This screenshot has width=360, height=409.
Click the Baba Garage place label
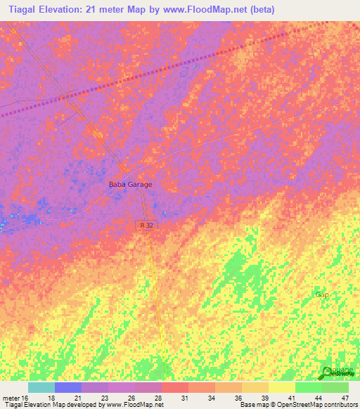tap(130, 184)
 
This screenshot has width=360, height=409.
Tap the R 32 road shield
tap(144, 223)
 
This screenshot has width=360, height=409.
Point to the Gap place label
tap(322, 294)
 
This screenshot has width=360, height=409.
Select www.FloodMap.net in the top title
tap(211, 10)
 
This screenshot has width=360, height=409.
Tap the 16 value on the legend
tap(25, 398)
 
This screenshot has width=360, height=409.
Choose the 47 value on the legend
tap(345, 398)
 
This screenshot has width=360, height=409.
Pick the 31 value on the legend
tap(185, 398)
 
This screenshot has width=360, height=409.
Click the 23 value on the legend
tap(105, 398)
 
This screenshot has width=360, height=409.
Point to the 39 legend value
tap(265, 398)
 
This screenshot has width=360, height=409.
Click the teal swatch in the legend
tap(41, 387)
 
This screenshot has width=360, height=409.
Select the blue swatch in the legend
tap(68, 387)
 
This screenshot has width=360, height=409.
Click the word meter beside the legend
tap(10, 398)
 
